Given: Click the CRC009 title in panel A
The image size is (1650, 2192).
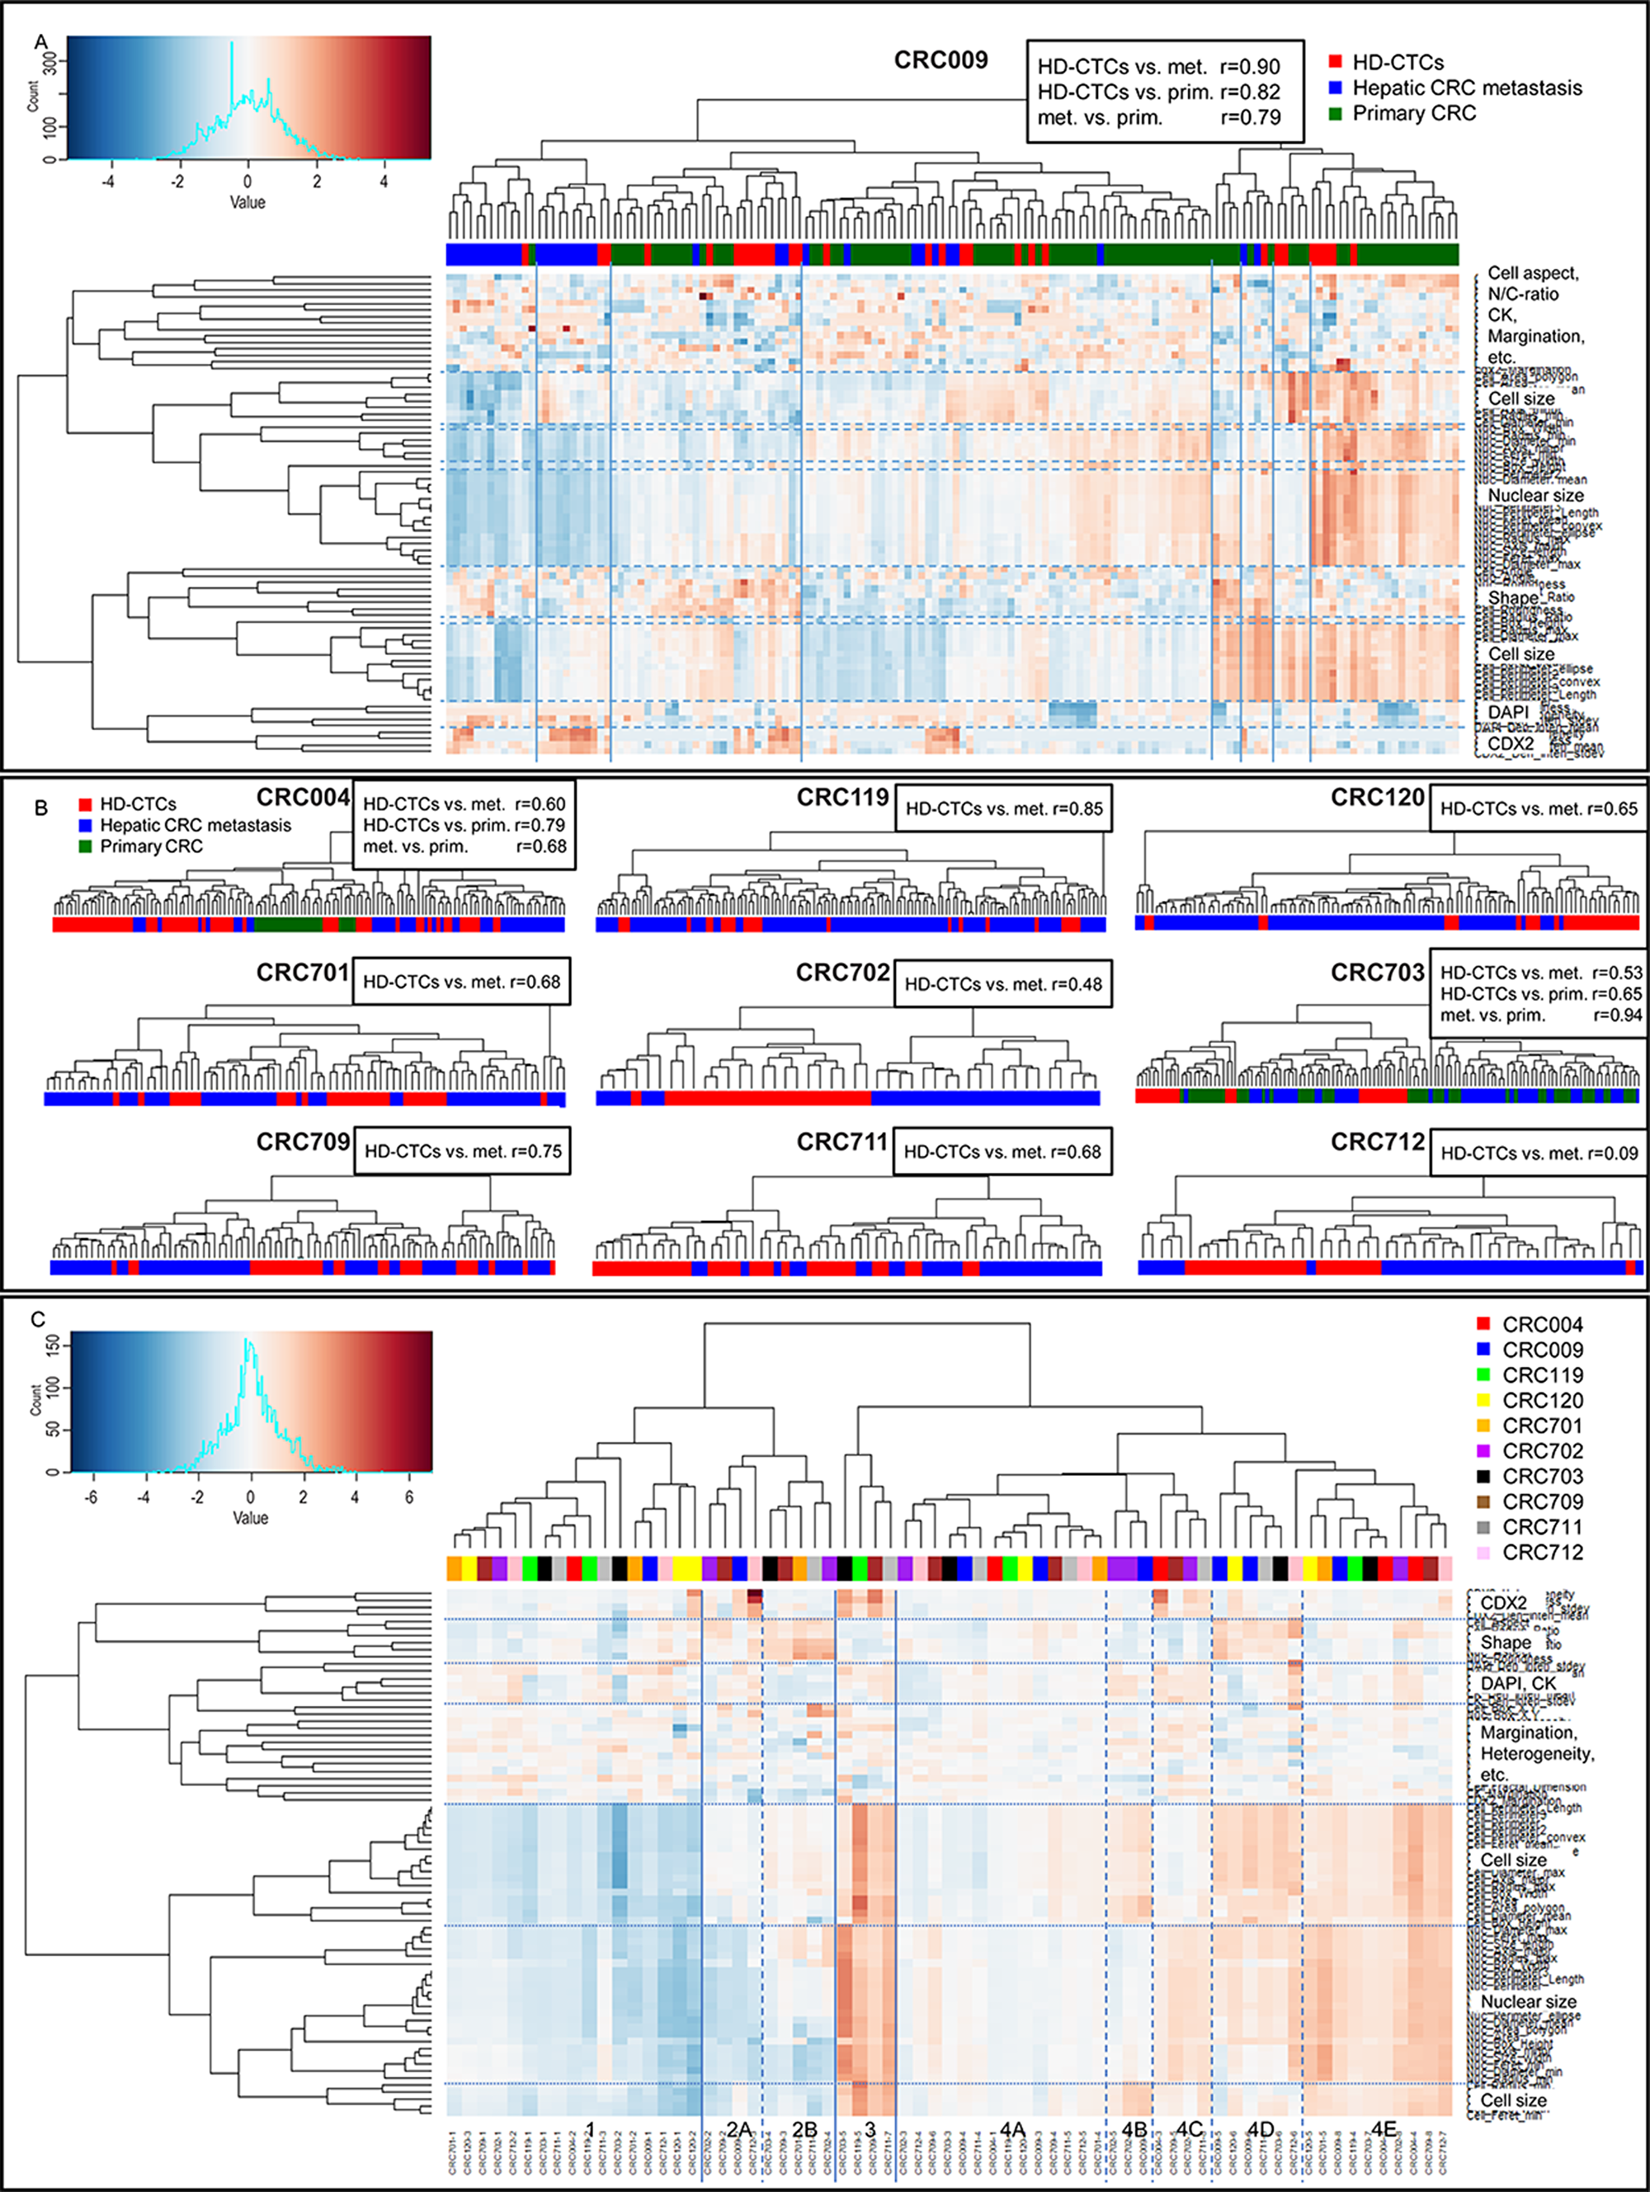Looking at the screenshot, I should click(x=940, y=60).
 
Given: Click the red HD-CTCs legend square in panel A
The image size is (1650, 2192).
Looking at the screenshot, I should click(x=1335, y=63).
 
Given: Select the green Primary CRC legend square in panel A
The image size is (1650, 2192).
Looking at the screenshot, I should click(x=1335, y=114).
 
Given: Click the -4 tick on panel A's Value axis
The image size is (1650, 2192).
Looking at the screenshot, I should click(x=108, y=181).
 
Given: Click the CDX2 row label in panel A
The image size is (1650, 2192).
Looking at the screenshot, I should click(x=1511, y=743).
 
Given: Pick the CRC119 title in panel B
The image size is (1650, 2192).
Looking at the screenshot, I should click(x=842, y=798).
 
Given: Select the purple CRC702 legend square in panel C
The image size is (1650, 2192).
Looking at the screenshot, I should click(x=1483, y=1451).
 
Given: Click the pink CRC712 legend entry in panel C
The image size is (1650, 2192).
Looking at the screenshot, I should click(x=1542, y=1552).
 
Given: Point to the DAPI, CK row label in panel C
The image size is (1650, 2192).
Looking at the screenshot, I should click(x=1516, y=1684).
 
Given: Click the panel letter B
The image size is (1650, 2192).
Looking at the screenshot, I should click(x=40, y=808).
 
